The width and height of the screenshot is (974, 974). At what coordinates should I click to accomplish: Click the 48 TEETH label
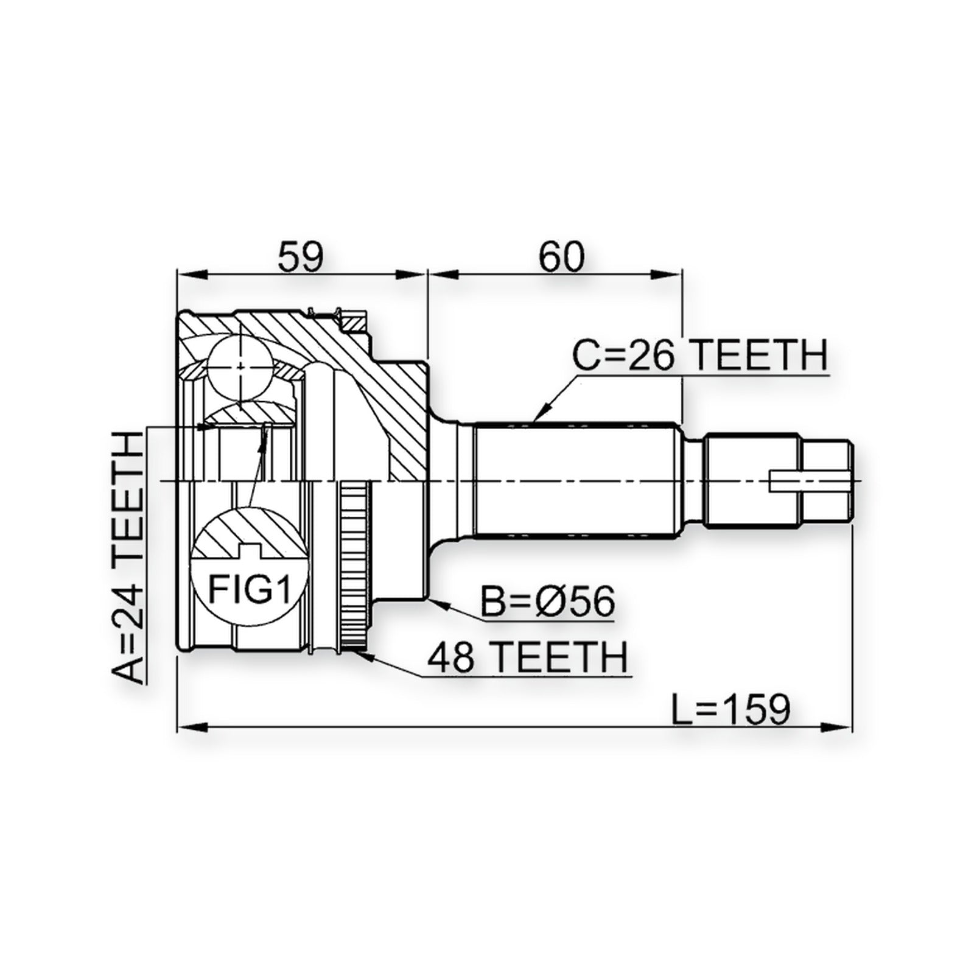tap(527, 657)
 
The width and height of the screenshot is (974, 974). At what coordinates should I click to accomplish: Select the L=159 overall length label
tap(731, 709)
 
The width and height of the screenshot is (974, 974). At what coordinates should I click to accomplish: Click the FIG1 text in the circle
tap(249, 589)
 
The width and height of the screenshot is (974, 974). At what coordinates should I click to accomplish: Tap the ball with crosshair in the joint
tap(242, 367)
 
